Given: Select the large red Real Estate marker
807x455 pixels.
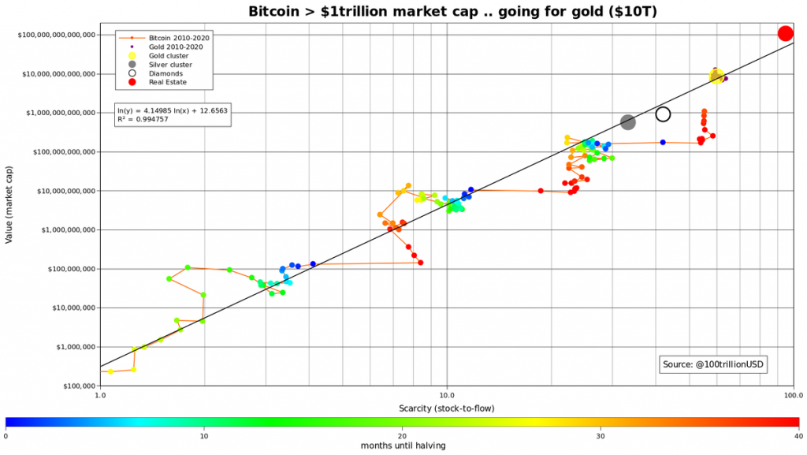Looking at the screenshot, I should point(785,33).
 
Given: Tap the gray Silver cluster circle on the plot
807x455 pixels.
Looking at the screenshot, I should point(628,122).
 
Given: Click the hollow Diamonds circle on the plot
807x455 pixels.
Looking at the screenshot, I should point(663,114).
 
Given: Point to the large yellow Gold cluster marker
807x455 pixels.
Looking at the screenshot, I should point(716,76).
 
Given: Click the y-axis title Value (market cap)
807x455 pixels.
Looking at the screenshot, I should point(9,210).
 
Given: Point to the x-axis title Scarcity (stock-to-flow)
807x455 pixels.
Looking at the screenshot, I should point(446,408).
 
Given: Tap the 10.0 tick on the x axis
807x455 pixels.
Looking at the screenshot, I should point(447,395).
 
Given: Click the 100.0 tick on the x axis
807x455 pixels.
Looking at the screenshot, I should point(791,395).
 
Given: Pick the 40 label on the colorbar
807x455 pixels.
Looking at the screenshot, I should point(798,435).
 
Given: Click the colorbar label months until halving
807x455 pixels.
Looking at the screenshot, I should point(403,446).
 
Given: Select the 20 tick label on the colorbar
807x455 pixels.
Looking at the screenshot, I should point(403,435).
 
